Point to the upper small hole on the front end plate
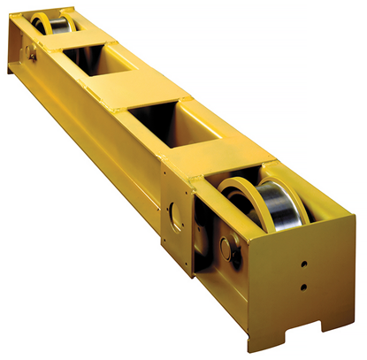click(x=303, y=264)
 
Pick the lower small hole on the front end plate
click(x=303, y=286)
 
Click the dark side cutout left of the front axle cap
click(x=206, y=239)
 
